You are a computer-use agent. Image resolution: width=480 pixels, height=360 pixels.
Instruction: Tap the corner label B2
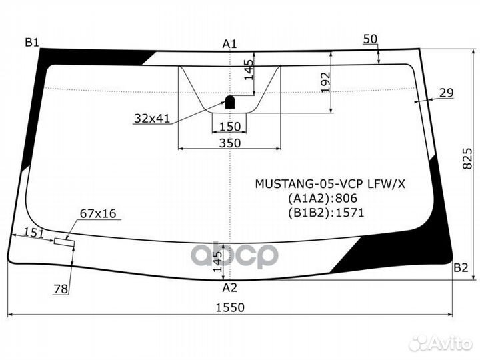pyautogui.click(x=461, y=268)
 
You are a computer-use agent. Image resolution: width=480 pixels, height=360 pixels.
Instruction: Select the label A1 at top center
pyautogui.click(x=230, y=44)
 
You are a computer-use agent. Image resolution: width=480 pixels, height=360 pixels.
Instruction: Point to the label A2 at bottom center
pyautogui.click(x=230, y=288)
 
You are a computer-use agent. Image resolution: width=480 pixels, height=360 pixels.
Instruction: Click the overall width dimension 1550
pyautogui.click(x=230, y=307)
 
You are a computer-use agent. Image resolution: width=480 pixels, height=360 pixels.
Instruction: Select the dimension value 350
pyautogui.click(x=229, y=143)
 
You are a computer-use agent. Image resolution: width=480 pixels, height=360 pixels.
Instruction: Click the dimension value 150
pyautogui.click(x=229, y=127)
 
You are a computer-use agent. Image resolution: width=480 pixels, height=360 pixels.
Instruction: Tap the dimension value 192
pyautogui.click(x=326, y=82)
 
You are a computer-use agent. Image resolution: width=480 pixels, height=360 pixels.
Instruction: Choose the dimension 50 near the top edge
pyautogui.click(x=371, y=39)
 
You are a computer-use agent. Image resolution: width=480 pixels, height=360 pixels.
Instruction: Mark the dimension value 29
pyautogui.click(x=447, y=93)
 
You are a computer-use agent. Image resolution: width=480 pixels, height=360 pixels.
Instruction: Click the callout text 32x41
pyautogui.click(x=152, y=119)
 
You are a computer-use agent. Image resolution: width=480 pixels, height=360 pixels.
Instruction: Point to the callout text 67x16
pyautogui.click(x=98, y=213)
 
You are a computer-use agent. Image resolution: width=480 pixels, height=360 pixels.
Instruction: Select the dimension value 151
pyautogui.click(x=33, y=232)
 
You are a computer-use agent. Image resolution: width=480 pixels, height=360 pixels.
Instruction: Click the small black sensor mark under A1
pyautogui.click(x=229, y=101)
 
